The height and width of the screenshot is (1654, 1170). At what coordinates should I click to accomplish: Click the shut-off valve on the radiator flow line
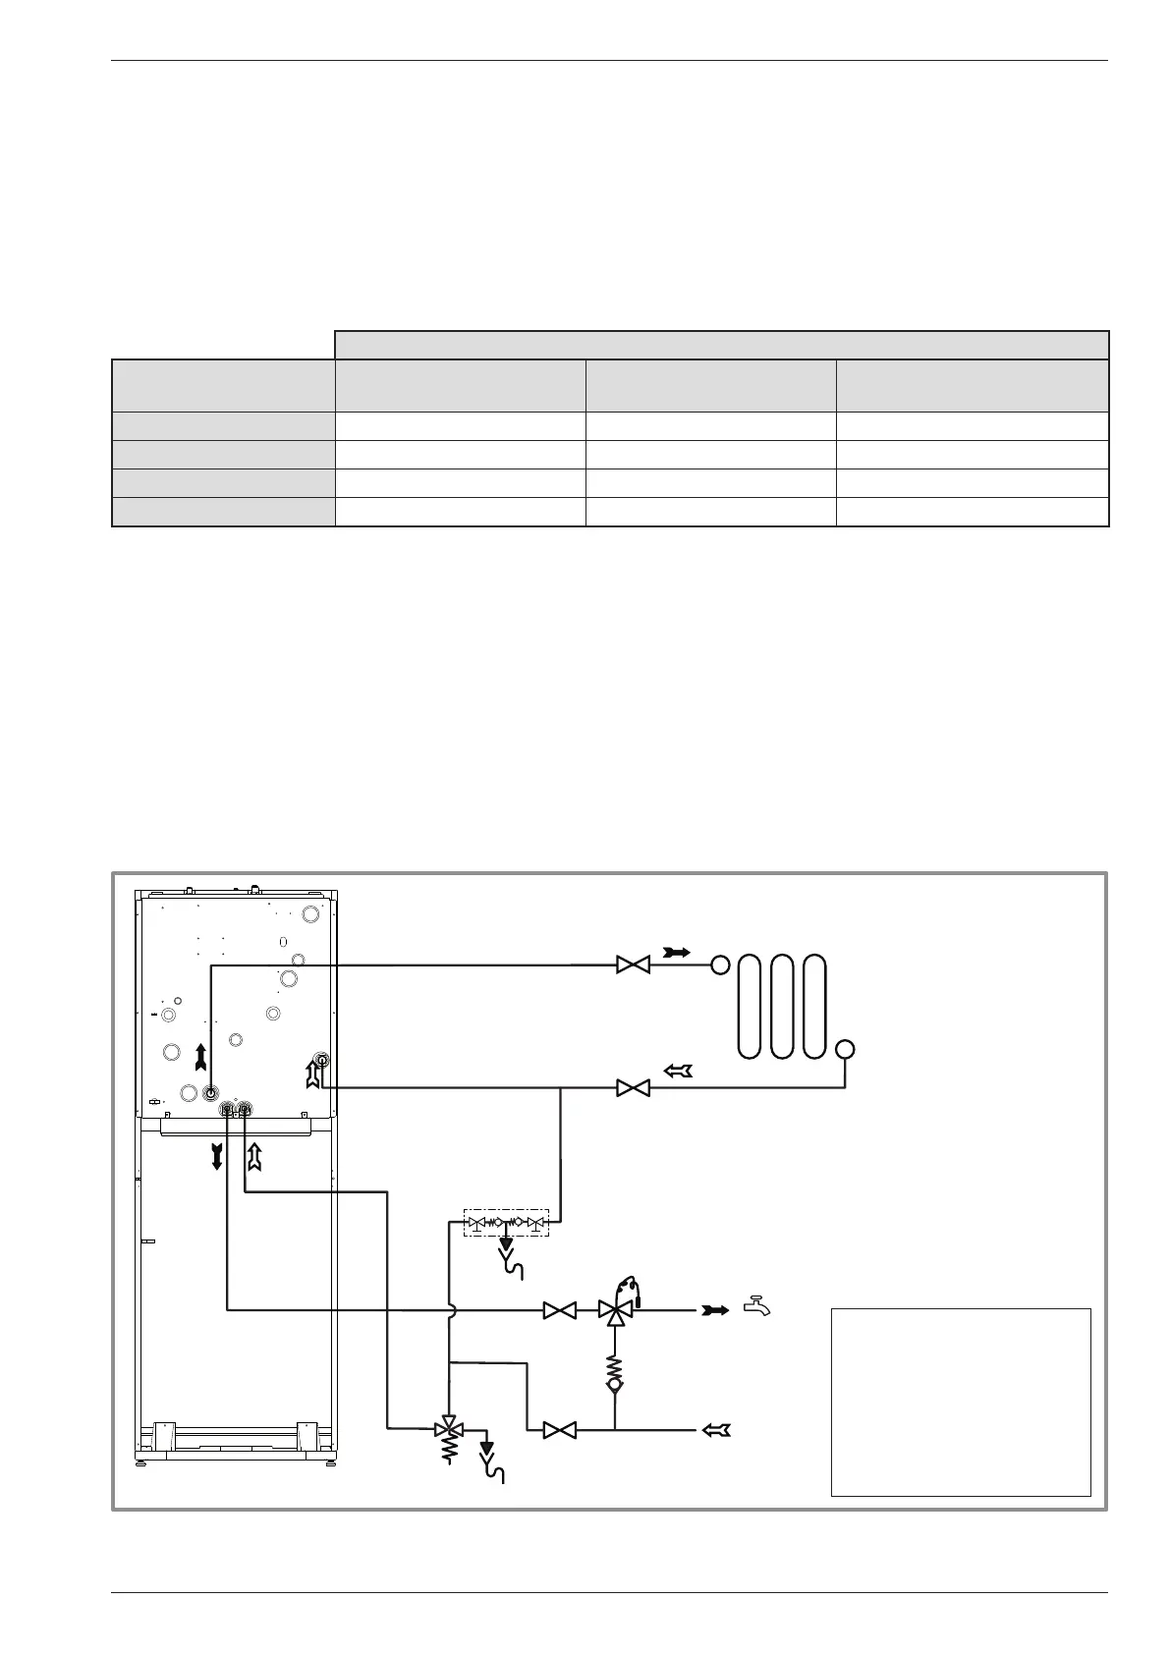pyautogui.click(x=633, y=965)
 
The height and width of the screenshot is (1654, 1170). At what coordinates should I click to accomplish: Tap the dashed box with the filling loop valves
pyautogui.click(x=506, y=1224)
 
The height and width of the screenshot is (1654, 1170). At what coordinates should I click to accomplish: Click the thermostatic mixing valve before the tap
pyautogui.click(x=616, y=1309)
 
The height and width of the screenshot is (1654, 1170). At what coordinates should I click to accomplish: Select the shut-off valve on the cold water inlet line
pyautogui.click(x=560, y=1430)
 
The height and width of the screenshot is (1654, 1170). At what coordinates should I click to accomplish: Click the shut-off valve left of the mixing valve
pyautogui.click(x=560, y=1310)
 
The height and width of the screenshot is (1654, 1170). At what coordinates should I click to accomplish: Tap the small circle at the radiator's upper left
pyautogui.click(x=720, y=965)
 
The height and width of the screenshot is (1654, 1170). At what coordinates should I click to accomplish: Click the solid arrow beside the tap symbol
pyautogui.click(x=714, y=1309)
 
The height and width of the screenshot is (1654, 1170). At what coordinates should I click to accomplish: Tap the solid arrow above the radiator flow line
pyautogui.click(x=677, y=952)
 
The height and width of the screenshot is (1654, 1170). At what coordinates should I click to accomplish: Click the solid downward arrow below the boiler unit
pyautogui.click(x=217, y=1156)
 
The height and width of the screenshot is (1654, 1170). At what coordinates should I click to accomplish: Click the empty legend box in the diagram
pyautogui.click(x=961, y=1401)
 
